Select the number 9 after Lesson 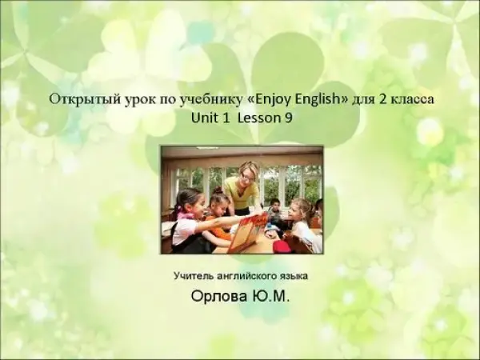pyautogui.click(x=288, y=118)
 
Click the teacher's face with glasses pyautogui.click(x=247, y=174)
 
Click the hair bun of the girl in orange pyautogui.click(x=218, y=190)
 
